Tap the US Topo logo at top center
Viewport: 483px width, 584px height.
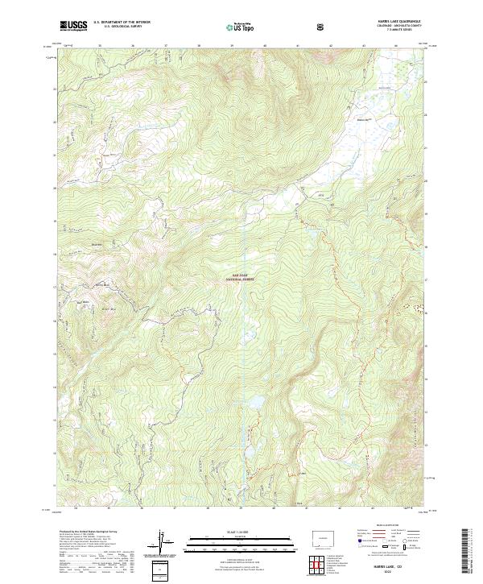[239, 27]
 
